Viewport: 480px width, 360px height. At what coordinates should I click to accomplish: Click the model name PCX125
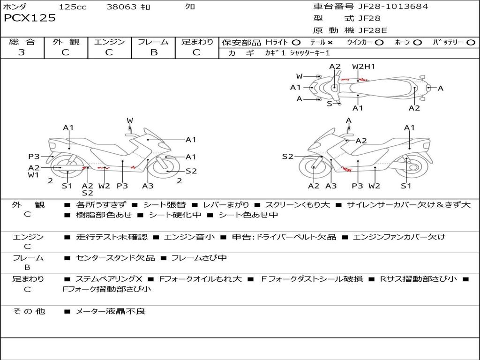tap(30, 18)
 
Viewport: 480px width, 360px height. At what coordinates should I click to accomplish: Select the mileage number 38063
tap(121, 7)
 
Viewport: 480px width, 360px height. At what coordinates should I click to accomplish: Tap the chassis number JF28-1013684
tap(386, 7)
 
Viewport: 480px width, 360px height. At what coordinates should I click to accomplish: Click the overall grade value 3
tap(22, 52)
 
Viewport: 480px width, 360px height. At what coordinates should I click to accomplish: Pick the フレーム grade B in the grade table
tap(153, 52)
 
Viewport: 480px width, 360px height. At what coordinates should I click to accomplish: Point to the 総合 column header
tap(22, 42)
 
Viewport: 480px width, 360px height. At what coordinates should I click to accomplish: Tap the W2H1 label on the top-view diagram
tap(364, 67)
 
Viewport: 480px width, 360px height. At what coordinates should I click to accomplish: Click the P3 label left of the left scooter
tap(34, 157)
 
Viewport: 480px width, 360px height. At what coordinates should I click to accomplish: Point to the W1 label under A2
tap(33, 175)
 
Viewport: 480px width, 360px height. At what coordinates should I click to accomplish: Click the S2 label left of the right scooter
tap(287, 157)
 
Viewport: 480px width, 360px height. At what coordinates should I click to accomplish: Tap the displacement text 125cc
tap(73, 7)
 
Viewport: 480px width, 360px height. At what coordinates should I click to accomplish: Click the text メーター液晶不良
tap(111, 311)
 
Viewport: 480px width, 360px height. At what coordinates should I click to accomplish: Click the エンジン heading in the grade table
tap(109, 42)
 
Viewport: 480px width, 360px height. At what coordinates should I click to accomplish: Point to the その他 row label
tap(29, 311)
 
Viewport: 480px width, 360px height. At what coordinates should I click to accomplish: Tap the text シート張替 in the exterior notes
tap(165, 205)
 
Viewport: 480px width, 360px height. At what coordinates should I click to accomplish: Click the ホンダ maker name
tap(15, 7)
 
